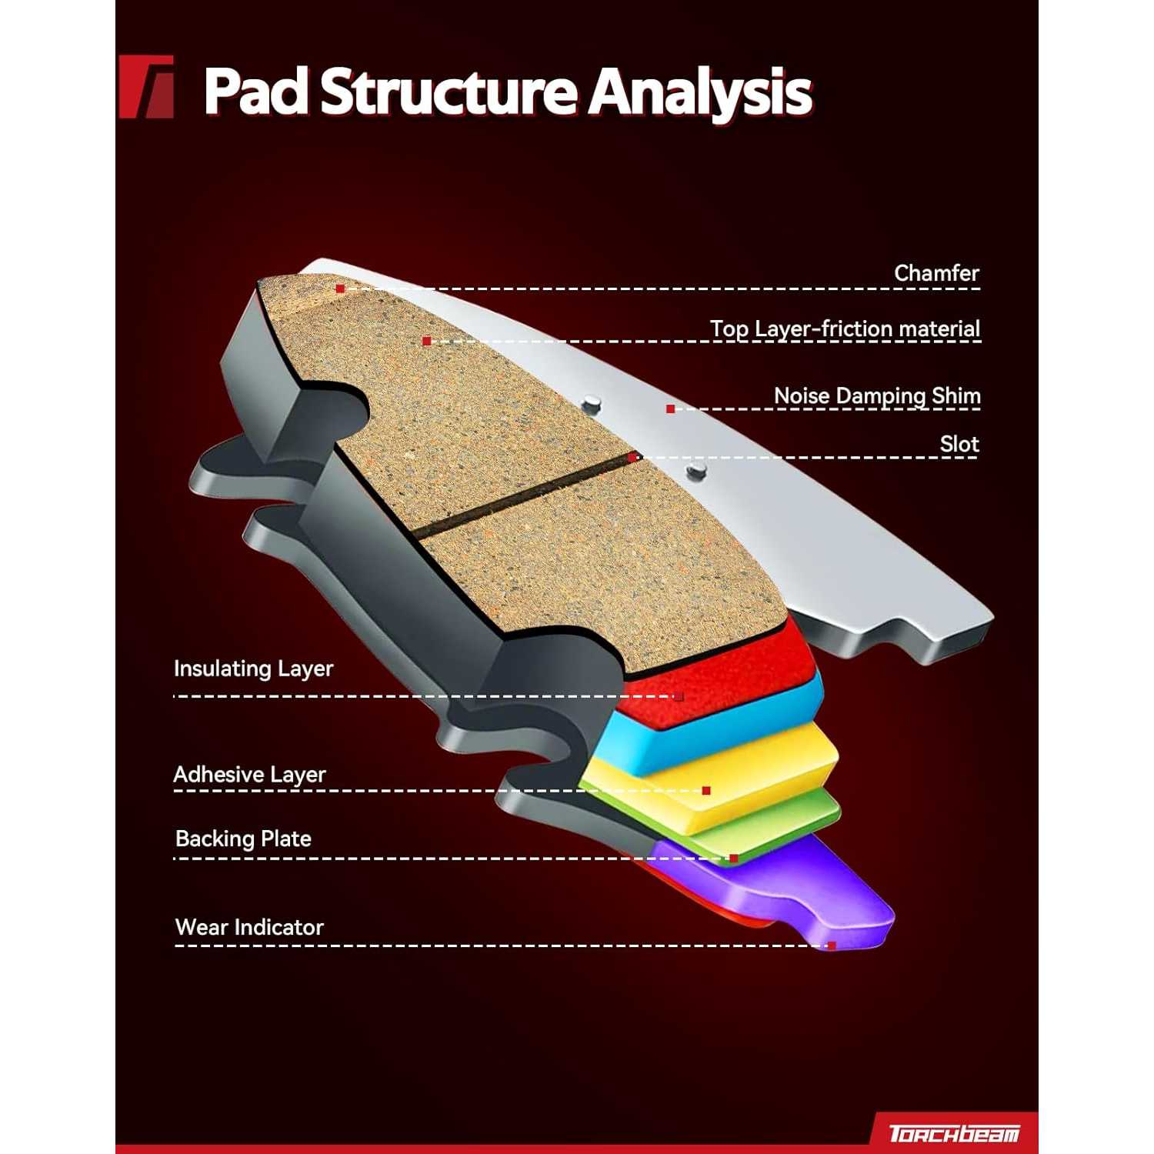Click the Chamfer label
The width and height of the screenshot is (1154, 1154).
pos(936,273)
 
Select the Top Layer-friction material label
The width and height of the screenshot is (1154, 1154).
pos(844,329)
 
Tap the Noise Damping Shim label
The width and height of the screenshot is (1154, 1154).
pos(876,396)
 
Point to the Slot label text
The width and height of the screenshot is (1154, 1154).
pos(959,445)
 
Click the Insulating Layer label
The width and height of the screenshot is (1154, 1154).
pos(253,669)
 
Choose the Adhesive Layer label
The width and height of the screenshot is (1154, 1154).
pos(249,774)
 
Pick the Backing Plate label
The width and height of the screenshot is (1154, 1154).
pos(243,839)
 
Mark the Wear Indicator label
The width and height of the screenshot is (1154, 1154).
pos(249,927)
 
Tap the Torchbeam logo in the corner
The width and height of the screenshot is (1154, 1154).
pos(954,1133)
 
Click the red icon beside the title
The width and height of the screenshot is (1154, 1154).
pos(146,87)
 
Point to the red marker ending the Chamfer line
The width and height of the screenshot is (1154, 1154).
pos(340,289)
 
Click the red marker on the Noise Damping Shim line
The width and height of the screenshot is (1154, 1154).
pos(671,409)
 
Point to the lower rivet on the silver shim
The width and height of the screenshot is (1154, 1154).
pos(695,470)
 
